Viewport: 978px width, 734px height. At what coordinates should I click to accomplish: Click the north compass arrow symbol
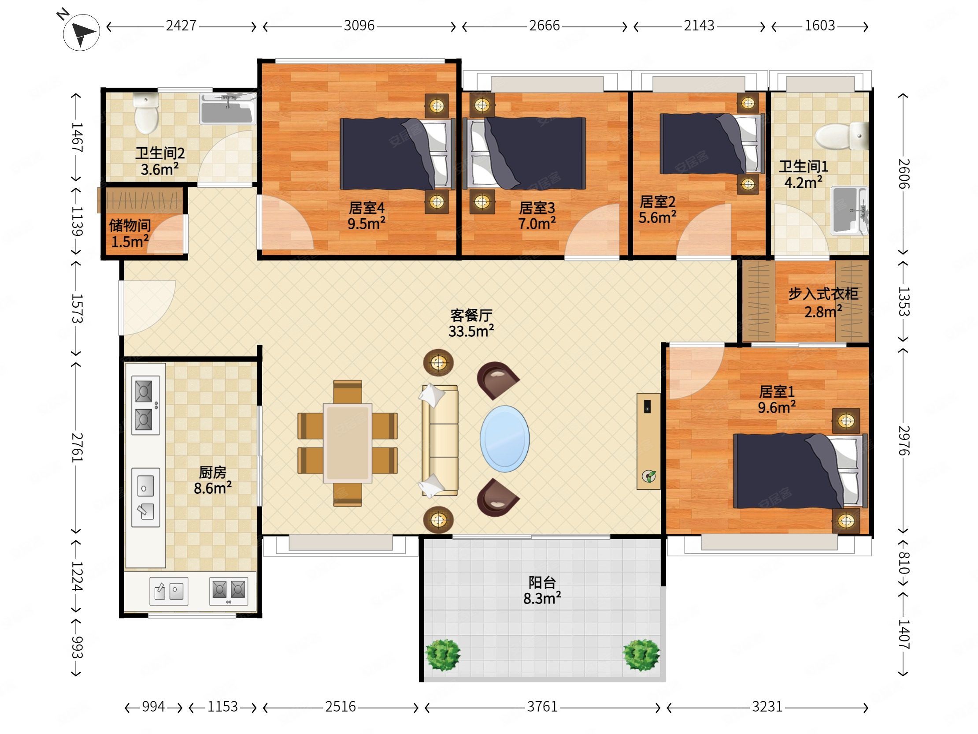[x=81, y=32]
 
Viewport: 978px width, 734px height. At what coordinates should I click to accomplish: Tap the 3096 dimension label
[x=359, y=26]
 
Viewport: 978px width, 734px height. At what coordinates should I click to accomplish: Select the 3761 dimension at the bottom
[x=542, y=707]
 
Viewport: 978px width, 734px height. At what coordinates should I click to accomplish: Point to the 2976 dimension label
[x=904, y=441]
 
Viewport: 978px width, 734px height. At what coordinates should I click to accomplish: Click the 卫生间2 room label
[x=160, y=153]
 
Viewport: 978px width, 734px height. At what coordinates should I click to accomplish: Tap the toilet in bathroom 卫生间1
[x=841, y=136]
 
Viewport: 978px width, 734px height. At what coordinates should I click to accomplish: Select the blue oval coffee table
[x=504, y=439]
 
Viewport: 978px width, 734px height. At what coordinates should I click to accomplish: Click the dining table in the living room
[x=348, y=443]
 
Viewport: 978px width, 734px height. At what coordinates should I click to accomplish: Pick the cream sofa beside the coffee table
[x=440, y=441]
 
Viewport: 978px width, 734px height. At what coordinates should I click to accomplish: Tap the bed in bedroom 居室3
[x=524, y=153]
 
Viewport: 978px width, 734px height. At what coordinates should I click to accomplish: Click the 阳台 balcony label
[x=542, y=582]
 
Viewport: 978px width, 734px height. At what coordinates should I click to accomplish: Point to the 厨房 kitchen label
[x=213, y=472]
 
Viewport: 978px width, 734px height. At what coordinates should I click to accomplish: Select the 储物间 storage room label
[x=130, y=225]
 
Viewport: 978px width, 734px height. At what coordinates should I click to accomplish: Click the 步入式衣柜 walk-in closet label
[x=823, y=293]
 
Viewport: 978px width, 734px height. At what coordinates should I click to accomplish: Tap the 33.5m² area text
[x=471, y=331]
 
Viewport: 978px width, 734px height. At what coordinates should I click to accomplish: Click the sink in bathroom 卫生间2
[x=228, y=108]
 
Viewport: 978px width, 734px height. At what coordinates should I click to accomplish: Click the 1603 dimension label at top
[x=820, y=26]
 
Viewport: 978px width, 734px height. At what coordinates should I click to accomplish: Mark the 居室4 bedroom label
[x=367, y=208]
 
